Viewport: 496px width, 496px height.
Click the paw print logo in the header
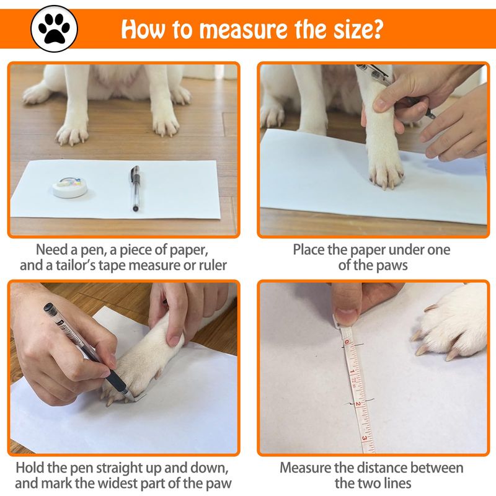tap(54, 29)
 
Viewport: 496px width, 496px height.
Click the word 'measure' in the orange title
tap(243, 30)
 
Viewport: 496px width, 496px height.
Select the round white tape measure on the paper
tap(70, 187)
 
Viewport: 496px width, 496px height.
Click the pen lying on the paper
tap(135, 188)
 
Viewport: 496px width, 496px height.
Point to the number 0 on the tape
tap(347, 342)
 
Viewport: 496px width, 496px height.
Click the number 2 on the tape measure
tap(358, 404)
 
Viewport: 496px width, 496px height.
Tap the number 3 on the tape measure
tap(365, 438)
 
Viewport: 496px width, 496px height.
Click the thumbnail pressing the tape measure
tap(346, 315)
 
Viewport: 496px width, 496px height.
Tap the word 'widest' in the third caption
tap(117, 483)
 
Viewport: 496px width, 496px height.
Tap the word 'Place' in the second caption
tap(309, 250)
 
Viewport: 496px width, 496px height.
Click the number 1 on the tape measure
tap(353, 371)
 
